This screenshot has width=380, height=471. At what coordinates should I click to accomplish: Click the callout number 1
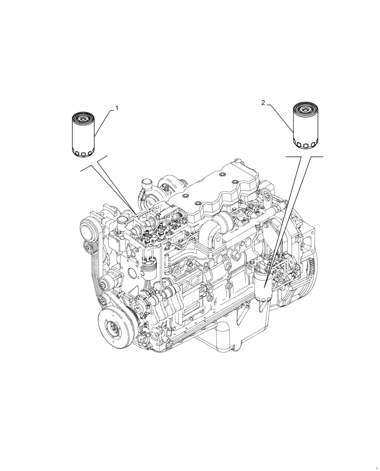pyautogui.click(x=117, y=108)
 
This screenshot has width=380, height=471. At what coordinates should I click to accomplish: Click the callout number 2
pyautogui.click(x=264, y=102)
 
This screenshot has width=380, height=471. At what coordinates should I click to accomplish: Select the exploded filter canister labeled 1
pyautogui.click(x=84, y=135)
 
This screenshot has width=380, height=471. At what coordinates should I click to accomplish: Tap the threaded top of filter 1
pyautogui.click(x=84, y=116)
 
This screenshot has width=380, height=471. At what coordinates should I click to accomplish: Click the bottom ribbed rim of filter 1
pyautogui.click(x=84, y=153)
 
